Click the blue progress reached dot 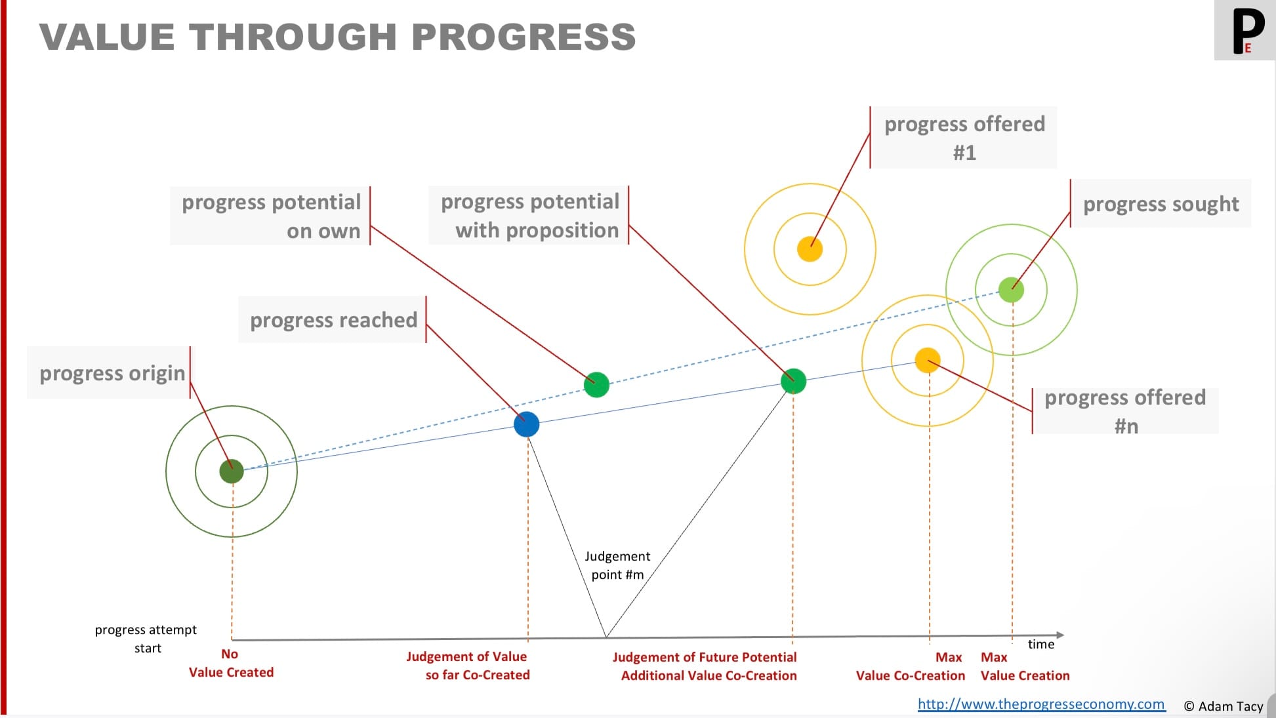526,424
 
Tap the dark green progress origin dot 232,471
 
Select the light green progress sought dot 1011,289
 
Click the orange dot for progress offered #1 810,249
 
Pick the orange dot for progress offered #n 928,360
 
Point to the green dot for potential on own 596,384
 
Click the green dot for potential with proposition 793,380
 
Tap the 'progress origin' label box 109,372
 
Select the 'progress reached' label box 333,319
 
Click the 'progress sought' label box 1161,204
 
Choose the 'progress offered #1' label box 964,138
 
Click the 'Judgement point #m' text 617,565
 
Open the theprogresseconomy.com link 1041,704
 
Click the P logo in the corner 1245,31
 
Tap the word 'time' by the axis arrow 1041,644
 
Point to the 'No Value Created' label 231,663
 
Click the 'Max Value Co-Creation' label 911,666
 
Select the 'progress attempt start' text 146,639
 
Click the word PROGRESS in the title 524,37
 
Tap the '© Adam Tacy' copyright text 1223,706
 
